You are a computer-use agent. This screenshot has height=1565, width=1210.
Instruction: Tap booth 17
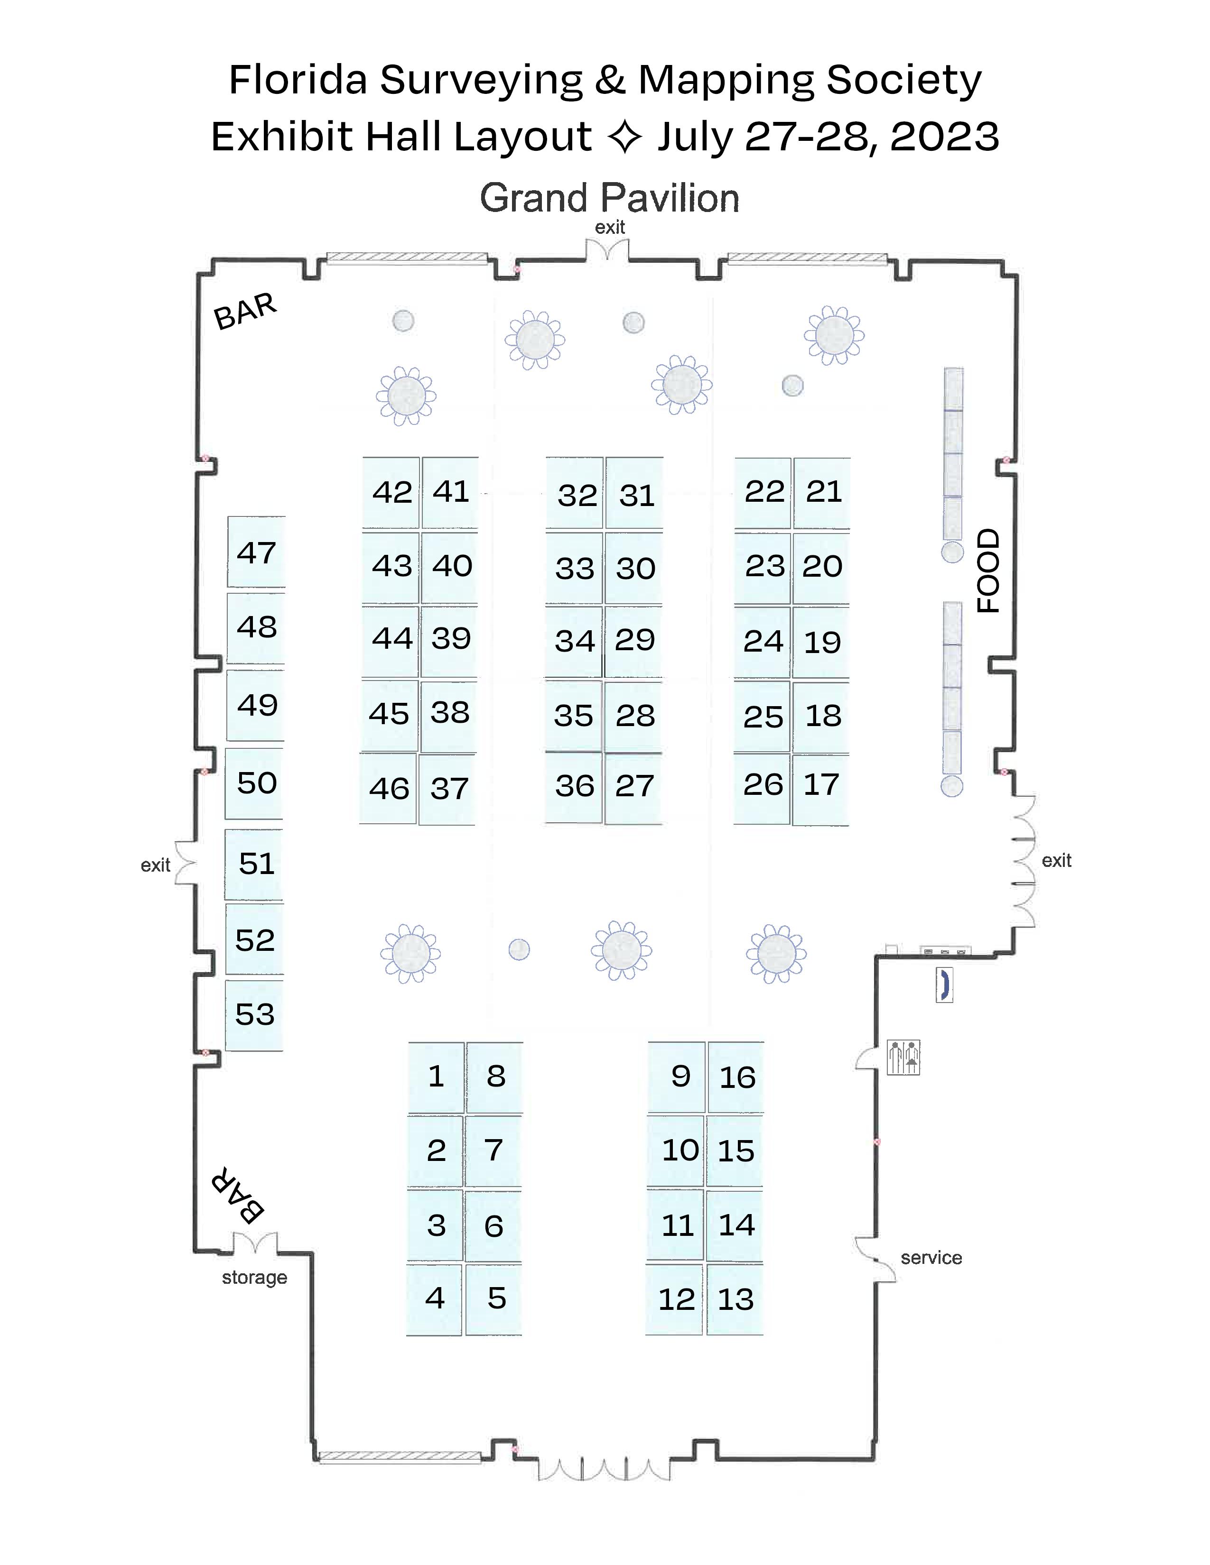click(821, 785)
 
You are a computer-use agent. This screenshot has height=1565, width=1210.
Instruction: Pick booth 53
click(254, 1014)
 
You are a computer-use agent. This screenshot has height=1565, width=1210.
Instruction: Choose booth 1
click(436, 1077)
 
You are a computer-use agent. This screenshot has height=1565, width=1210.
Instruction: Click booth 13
click(735, 1299)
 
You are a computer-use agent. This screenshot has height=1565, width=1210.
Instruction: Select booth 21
click(823, 492)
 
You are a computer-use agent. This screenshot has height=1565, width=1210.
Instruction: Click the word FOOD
click(988, 571)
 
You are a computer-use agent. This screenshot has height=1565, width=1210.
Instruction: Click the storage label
click(254, 1278)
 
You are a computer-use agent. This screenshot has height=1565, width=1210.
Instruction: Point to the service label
click(931, 1258)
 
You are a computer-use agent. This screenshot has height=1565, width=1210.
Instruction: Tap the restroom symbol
click(903, 1057)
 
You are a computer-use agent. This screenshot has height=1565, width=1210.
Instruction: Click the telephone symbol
click(944, 984)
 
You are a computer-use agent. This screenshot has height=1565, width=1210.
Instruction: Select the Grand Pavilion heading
click(609, 199)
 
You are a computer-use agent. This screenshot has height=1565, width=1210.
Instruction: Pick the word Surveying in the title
click(480, 80)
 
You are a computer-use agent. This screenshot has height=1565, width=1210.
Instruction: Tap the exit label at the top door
click(609, 228)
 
